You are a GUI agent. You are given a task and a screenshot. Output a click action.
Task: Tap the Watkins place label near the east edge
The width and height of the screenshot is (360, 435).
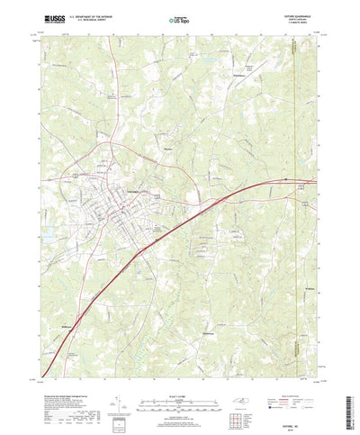311,263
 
